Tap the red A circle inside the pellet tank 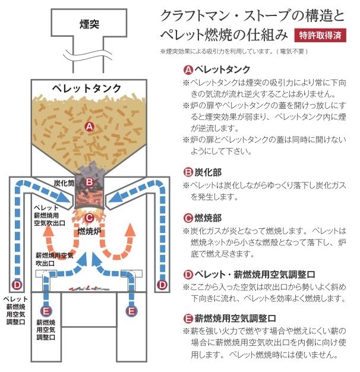click(89, 126)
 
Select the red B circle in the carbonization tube click(89, 182)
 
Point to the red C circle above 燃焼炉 click(89, 217)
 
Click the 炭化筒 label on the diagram click(64, 184)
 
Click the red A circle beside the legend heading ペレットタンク click(189, 69)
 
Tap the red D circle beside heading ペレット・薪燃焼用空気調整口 click(189, 274)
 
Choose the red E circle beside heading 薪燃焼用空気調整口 click(189, 318)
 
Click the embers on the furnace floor click(89, 288)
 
